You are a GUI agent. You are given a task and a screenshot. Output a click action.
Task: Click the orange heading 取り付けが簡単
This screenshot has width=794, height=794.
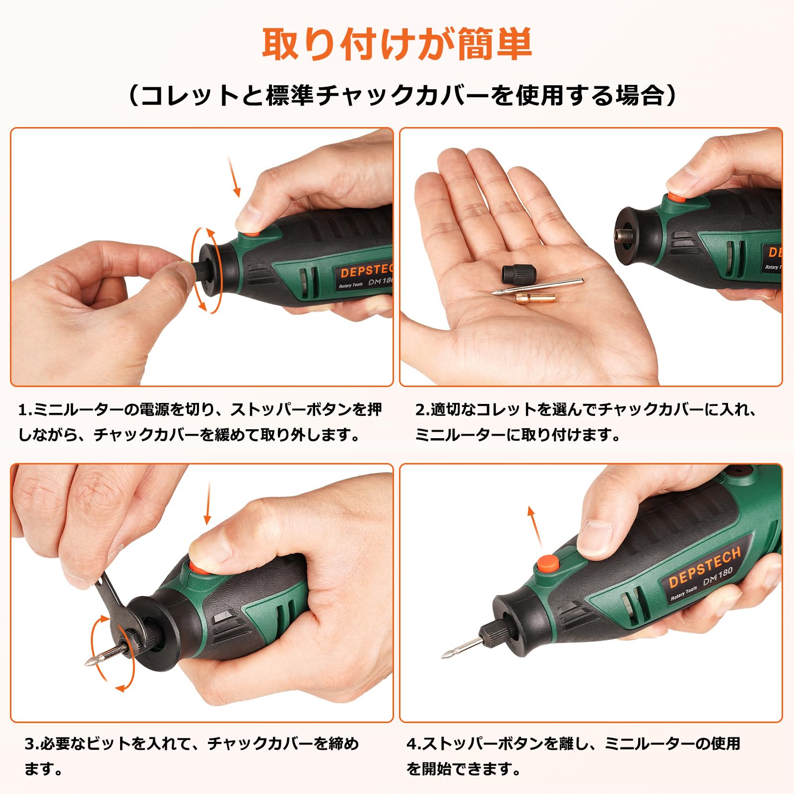397,45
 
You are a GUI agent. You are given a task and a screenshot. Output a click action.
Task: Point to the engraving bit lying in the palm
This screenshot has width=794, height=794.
536,287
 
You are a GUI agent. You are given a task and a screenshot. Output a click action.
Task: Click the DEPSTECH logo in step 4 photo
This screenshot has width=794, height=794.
705,566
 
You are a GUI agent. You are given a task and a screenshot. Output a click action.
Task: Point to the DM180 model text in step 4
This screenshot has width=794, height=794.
718,577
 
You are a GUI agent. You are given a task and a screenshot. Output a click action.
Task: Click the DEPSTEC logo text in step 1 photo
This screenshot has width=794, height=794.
366,271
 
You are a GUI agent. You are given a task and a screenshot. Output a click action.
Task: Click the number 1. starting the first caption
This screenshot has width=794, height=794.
25,410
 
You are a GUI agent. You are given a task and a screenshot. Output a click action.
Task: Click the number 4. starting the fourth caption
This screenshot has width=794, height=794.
413,744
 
